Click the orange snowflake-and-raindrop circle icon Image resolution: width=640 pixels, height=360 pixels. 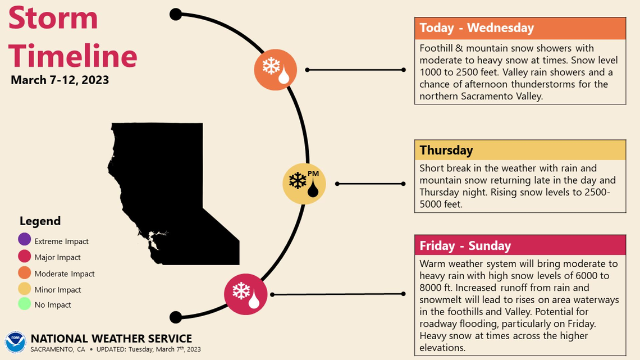(275, 70)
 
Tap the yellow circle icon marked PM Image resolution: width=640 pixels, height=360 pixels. (304, 183)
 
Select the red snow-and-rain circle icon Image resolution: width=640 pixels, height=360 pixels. (245, 294)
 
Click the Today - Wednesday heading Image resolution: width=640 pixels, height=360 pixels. (477, 28)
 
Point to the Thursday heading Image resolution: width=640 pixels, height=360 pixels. (446, 151)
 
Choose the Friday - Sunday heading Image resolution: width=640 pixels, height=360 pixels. (465, 245)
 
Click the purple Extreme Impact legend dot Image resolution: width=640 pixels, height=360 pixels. (24, 240)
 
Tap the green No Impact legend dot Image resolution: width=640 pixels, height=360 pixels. (24, 304)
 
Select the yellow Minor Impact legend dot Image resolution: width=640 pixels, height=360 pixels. (24, 289)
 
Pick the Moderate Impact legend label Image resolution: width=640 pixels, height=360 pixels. (65, 274)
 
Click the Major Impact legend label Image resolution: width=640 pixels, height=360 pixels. (57, 257)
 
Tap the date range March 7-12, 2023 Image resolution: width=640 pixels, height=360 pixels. (60, 80)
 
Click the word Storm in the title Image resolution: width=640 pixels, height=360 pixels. (53, 18)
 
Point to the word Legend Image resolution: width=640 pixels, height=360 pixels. (40, 221)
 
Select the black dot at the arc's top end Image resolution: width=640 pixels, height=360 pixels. (176, 14)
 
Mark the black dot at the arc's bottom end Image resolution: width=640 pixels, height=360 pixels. (176, 317)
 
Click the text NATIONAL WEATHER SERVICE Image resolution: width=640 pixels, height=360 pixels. (111, 339)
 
